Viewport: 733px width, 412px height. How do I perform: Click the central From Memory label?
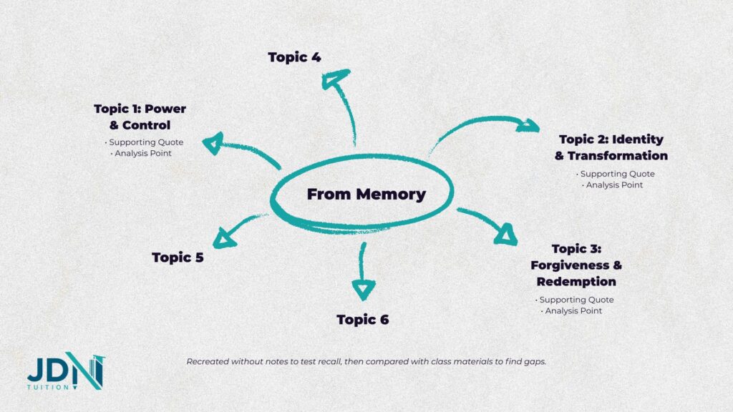(x=366, y=194)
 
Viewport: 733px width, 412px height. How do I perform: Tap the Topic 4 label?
(x=294, y=57)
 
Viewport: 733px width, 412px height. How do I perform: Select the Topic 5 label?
(x=178, y=257)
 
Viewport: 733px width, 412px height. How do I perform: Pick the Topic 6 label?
(x=363, y=320)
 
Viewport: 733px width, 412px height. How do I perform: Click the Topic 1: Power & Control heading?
(x=140, y=117)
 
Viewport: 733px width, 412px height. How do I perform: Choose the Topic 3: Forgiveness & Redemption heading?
(x=576, y=265)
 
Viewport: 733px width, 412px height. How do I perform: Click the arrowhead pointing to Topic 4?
(x=334, y=79)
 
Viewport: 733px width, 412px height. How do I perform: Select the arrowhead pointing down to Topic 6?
(x=363, y=288)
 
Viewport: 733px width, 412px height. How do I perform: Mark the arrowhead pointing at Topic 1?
(x=213, y=143)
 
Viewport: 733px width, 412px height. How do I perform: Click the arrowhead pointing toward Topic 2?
(x=528, y=126)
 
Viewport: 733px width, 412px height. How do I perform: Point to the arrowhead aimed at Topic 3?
(x=507, y=233)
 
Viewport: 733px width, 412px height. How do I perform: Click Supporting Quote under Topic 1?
(x=146, y=142)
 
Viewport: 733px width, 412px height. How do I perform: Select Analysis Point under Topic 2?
(x=614, y=185)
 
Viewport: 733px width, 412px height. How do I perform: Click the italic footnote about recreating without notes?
(x=366, y=362)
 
